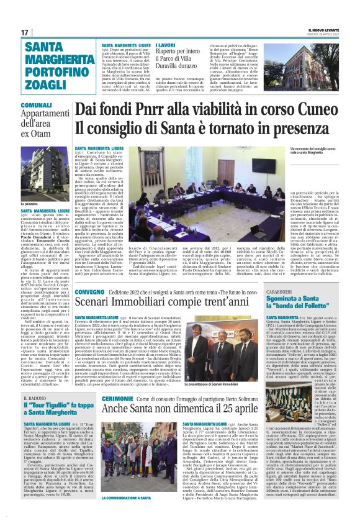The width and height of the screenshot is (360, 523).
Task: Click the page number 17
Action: [x=25, y=32]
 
